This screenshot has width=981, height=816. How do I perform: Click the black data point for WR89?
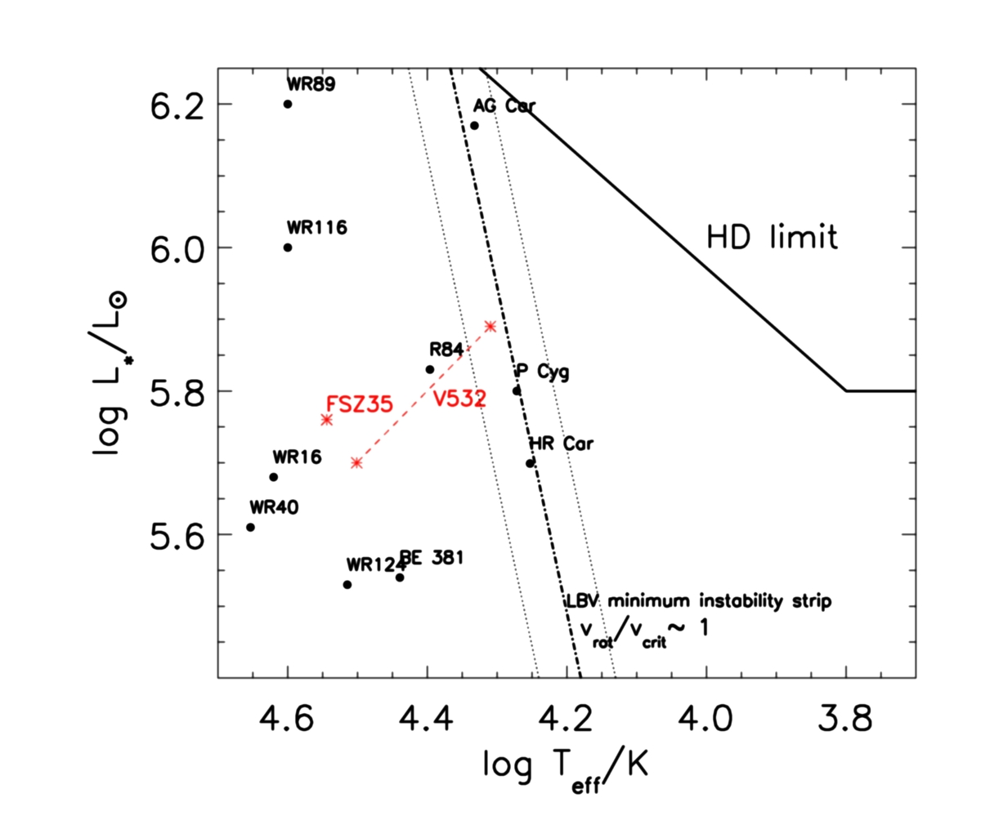(x=288, y=104)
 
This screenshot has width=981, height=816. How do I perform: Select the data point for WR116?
(x=288, y=247)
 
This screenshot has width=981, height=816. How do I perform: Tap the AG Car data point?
(x=474, y=125)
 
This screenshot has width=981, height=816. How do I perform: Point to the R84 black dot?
(x=430, y=369)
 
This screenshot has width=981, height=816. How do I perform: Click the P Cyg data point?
(x=517, y=390)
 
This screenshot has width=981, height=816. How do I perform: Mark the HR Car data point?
(x=530, y=463)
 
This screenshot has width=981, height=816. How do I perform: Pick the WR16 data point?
(x=274, y=477)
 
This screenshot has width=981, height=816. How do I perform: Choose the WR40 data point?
(x=250, y=527)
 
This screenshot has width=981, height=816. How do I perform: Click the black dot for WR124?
(x=347, y=584)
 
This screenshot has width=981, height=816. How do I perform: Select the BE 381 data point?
(x=400, y=577)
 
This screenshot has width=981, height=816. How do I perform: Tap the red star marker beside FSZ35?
(x=327, y=420)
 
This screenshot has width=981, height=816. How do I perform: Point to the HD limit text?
(x=773, y=239)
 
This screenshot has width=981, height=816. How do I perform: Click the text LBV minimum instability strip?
(x=699, y=602)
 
